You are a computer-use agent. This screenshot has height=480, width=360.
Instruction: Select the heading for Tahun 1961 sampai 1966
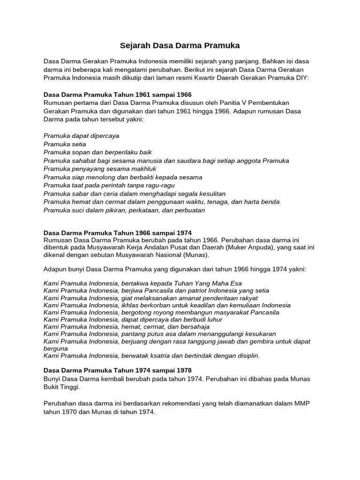[x=117, y=94]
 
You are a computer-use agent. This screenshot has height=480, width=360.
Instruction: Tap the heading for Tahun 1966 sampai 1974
[x=117, y=233]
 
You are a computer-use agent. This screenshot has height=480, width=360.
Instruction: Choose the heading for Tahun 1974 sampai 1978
[x=117, y=370]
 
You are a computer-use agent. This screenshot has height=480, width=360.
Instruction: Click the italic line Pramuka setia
[x=65, y=144]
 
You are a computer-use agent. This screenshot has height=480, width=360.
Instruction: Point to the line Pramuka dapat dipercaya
[x=81, y=136]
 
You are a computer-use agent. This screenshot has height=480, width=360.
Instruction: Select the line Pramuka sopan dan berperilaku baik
[x=97, y=152]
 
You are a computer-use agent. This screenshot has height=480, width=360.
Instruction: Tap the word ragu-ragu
[x=160, y=185]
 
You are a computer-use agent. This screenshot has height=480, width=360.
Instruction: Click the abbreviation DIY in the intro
[x=302, y=78]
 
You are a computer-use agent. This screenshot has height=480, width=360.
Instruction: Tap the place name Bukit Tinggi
[x=61, y=387]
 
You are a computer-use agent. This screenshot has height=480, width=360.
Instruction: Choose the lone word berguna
[x=56, y=348]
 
